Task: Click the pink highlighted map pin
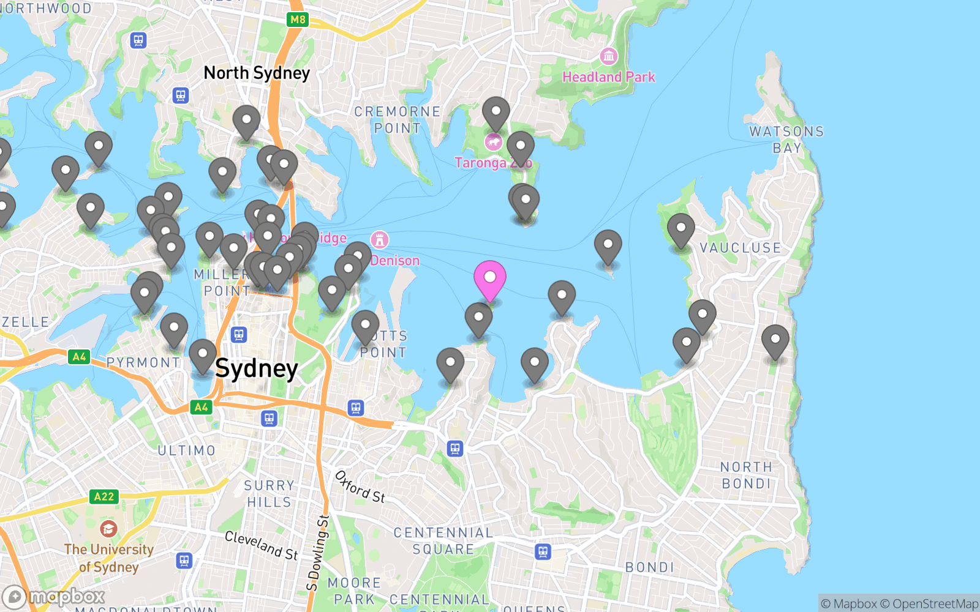click(490, 278)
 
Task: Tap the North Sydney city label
click(257, 73)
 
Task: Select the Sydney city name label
click(257, 368)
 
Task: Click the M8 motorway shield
click(298, 20)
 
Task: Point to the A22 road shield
click(104, 496)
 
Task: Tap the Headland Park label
click(608, 77)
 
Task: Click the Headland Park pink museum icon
click(608, 57)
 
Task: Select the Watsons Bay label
click(786, 140)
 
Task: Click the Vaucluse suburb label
click(740, 248)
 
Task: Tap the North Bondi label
click(746, 475)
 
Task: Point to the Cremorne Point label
click(398, 120)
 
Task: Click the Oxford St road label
click(360, 487)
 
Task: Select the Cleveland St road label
click(262, 545)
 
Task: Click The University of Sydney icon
click(108, 529)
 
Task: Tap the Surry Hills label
click(269, 493)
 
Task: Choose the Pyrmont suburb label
click(143, 362)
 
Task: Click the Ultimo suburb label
click(187, 450)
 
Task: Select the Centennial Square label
click(443, 541)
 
